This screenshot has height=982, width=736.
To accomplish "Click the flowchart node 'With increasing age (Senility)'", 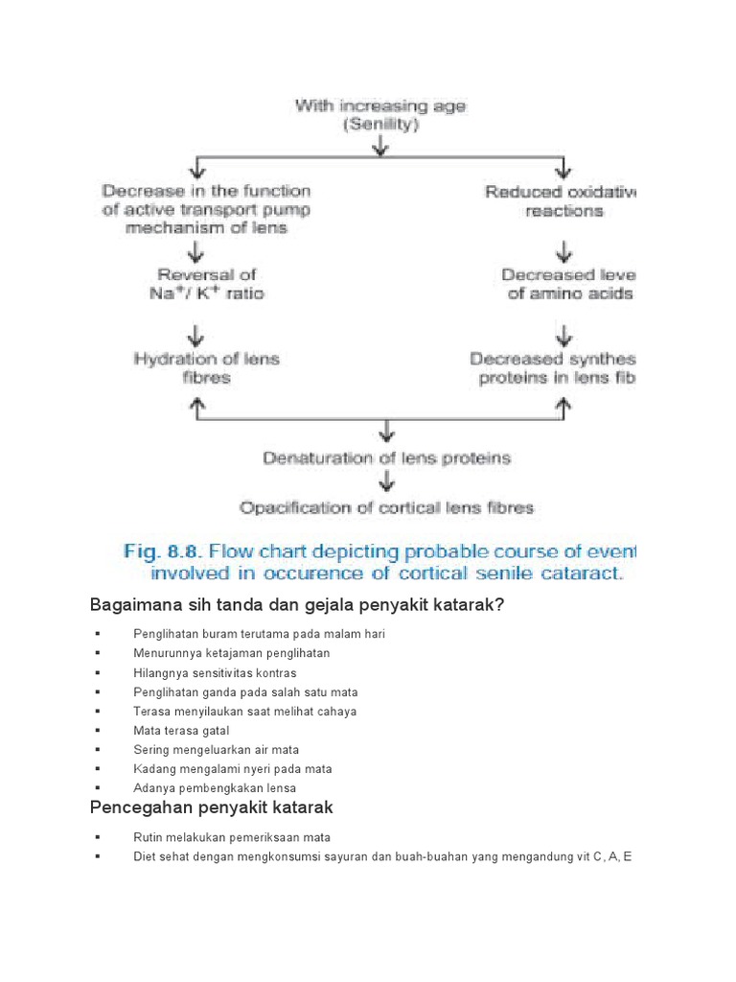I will [380, 115].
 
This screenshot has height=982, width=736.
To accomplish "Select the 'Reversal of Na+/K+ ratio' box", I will [196, 285].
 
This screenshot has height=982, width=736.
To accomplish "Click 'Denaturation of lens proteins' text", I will [386, 458].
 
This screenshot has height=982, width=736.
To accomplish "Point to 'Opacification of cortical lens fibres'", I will [386, 507].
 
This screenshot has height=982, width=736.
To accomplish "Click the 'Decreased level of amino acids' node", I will [567, 285].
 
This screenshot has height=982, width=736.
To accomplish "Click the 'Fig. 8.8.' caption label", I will [163, 551].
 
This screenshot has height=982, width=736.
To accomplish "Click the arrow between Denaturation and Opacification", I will [386, 482].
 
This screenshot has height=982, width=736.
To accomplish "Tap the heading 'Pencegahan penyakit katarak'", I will [212, 807].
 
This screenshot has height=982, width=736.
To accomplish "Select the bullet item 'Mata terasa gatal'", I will [181, 731].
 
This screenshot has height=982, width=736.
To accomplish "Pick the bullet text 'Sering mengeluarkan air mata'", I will [217, 750].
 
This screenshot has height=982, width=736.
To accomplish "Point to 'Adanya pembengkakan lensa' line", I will [215, 788].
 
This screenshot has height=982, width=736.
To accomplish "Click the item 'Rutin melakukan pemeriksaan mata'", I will [232, 837].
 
